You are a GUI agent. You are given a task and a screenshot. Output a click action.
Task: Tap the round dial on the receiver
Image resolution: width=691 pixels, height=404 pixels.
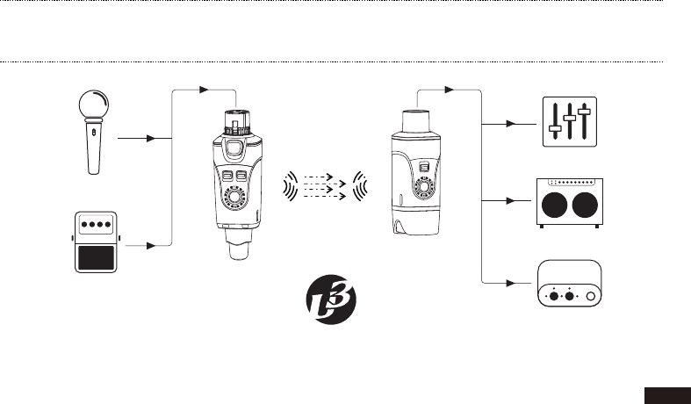point(425,188)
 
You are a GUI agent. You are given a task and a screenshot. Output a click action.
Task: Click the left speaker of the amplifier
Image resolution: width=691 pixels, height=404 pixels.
point(554,207)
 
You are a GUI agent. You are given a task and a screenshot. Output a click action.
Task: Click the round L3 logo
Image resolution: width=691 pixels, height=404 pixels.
point(333,300)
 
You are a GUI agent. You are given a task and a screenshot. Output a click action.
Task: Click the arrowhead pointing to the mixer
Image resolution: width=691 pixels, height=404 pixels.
point(515,124)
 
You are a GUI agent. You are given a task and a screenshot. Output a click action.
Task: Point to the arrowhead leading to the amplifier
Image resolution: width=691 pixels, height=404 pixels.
point(515,201)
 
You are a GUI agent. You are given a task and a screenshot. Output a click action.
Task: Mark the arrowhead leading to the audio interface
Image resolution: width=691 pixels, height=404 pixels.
point(515,283)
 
